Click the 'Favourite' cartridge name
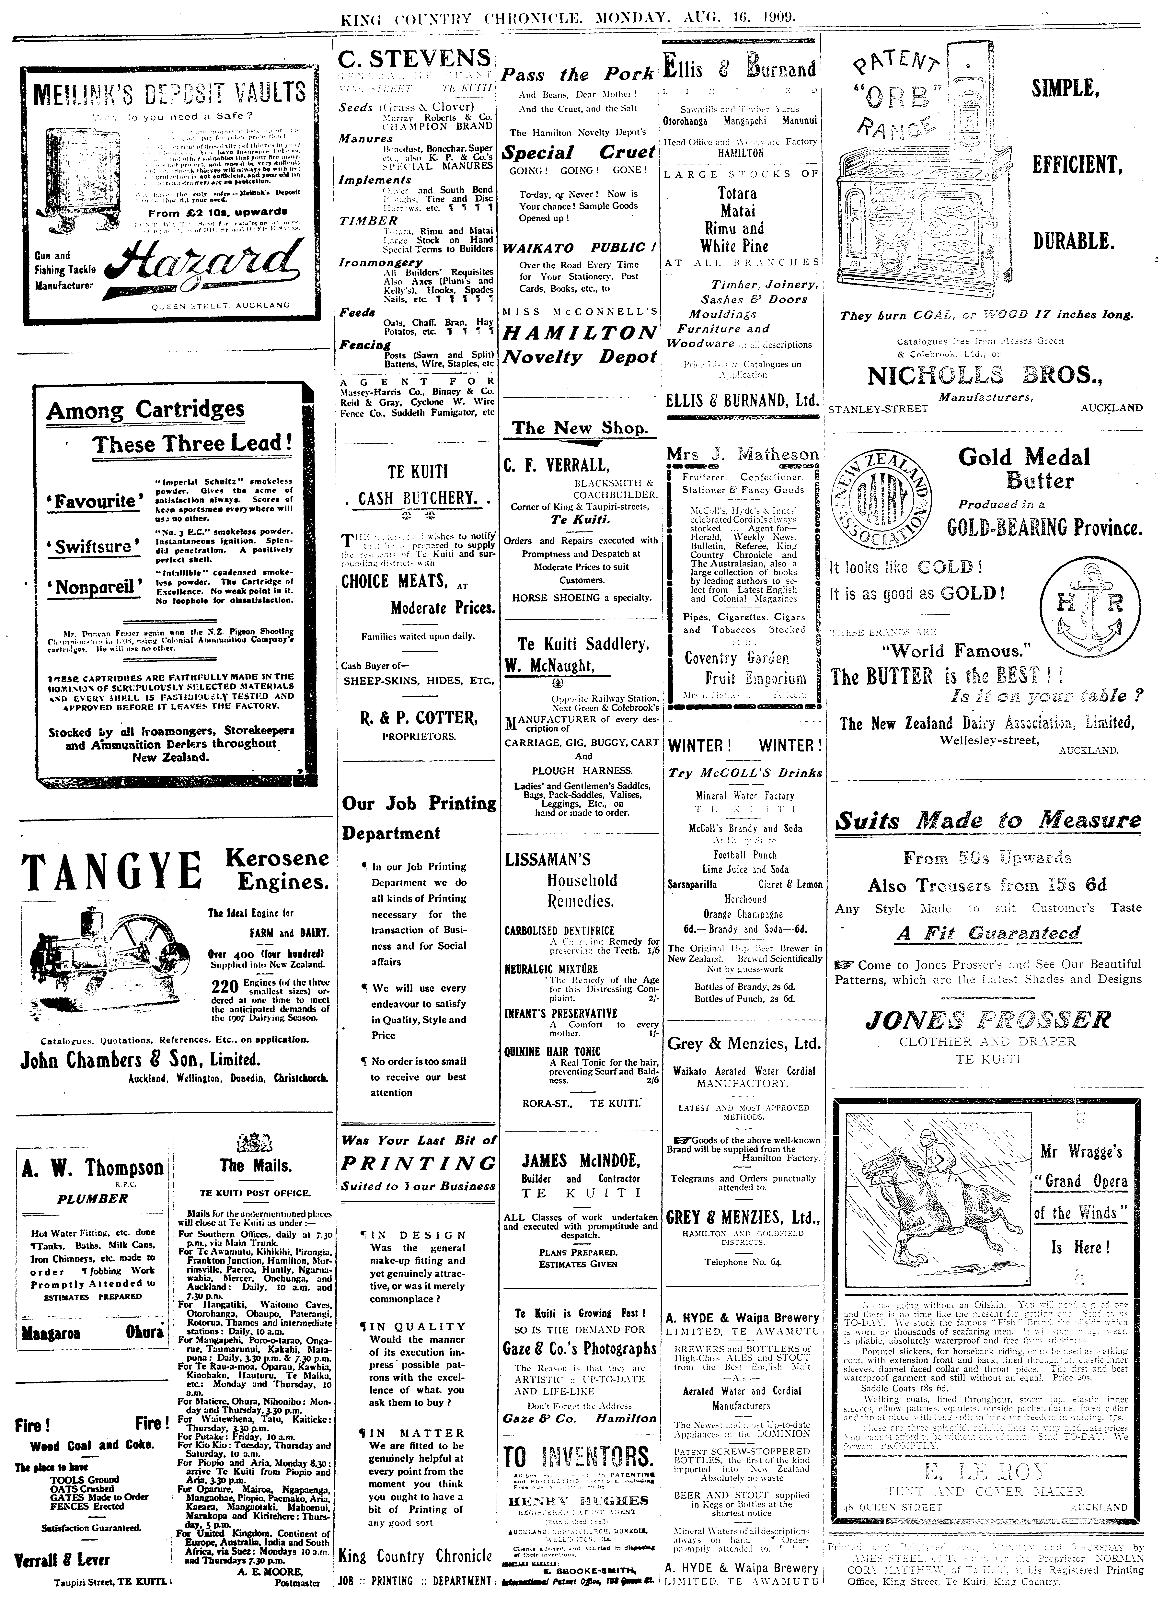pos(92,501)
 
